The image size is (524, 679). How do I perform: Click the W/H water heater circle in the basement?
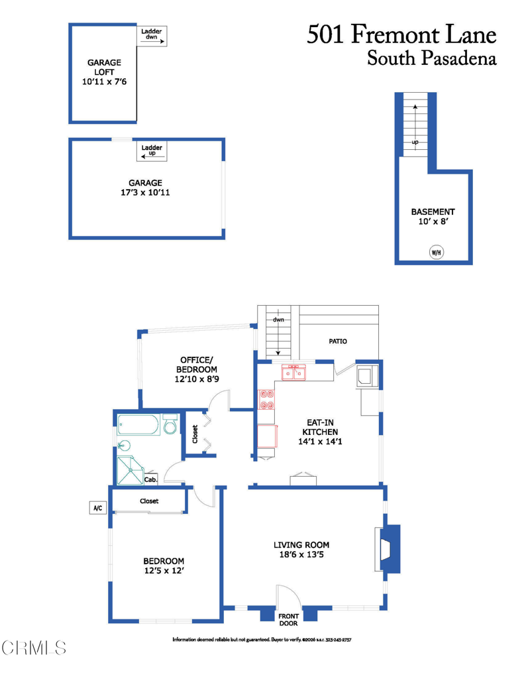pyautogui.click(x=436, y=252)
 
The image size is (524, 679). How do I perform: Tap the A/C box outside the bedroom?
pyautogui.click(x=98, y=507)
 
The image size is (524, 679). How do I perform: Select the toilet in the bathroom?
pyautogui.click(x=170, y=424)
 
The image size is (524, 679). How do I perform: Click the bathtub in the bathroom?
pyautogui.click(x=138, y=425)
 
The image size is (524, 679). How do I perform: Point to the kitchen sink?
pyautogui.click(x=294, y=372)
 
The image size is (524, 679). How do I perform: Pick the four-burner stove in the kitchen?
pyautogui.click(x=266, y=400)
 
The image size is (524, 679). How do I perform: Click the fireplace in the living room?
pyautogui.click(x=388, y=548)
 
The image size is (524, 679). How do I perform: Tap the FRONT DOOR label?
pyautogui.click(x=289, y=620)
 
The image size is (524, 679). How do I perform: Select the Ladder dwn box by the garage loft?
pyautogui.click(x=152, y=36)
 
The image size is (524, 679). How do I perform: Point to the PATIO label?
pyautogui.click(x=338, y=341)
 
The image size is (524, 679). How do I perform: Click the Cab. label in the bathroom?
pyautogui.click(x=150, y=479)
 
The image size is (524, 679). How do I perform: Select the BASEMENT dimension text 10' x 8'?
pyautogui.click(x=433, y=221)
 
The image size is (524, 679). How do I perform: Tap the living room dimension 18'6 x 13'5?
pyautogui.click(x=301, y=554)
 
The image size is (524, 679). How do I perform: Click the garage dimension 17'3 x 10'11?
pyautogui.click(x=145, y=192)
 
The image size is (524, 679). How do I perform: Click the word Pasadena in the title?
pyautogui.click(x=459, y=58)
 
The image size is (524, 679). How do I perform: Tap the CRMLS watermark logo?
pyautogui.click(x=34, y=648)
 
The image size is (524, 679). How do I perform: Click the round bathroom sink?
pyautogui.click(x=124, y=445)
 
